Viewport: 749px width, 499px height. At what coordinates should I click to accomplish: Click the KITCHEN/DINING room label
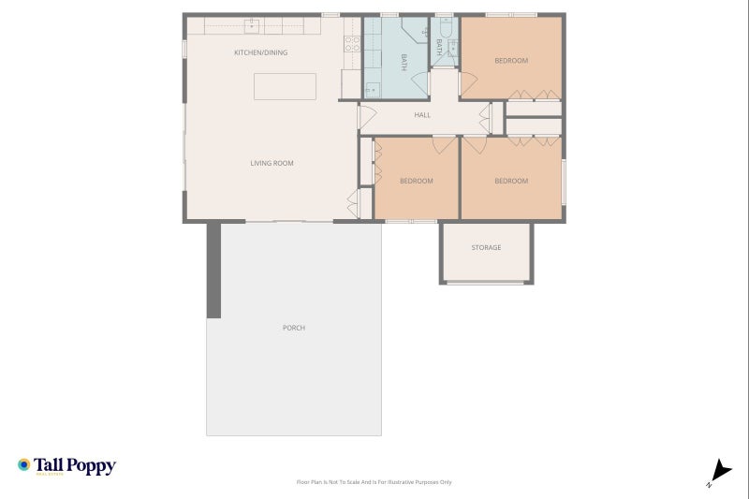click(x=260, y=52)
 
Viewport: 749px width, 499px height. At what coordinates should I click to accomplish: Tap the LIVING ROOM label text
click(x=272, y=163)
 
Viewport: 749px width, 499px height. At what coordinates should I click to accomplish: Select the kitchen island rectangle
click(x=285, y=86)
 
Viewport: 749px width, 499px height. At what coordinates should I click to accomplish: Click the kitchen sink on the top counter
click(x=252, y=25)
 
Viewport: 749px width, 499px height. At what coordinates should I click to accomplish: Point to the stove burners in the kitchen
click(x=353, y=42)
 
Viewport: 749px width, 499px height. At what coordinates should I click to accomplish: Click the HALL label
click(x=422, y=115)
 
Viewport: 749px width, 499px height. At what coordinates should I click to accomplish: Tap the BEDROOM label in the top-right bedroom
click(x=511, y=61)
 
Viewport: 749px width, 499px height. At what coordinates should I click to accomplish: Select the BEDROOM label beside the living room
click(x=417, y=181)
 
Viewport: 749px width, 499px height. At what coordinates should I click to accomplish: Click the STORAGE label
click(x=486, y=247)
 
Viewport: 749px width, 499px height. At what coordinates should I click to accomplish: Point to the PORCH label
click(x=293, y=328)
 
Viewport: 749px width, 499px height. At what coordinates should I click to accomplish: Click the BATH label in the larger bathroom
click(x=404, y=62)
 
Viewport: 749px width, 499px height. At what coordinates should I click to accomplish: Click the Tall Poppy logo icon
click(x=24, y=464)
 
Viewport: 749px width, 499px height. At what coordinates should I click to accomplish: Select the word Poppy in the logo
click(x=90, y=464)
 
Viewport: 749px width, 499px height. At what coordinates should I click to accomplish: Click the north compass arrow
click(x=719, y=471)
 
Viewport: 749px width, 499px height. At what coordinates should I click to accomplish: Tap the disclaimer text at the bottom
click(x=374, y=482)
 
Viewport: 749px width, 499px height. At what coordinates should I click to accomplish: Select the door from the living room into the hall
click(x=366, y=118)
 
